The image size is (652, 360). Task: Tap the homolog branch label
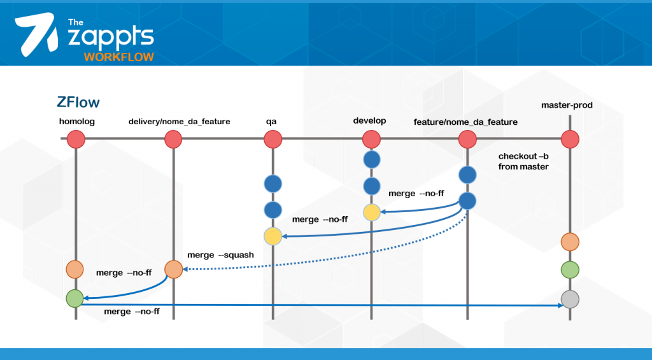[x=76, y=121]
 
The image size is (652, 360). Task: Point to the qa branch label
[x=272, y=121]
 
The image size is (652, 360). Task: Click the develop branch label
[x=370, y=121]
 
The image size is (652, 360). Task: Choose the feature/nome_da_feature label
[x=465, y=121]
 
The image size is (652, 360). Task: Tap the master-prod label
[x=567, y=105]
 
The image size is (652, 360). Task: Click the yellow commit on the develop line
[x=371, y=212]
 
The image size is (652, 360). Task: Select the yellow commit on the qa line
[x=273, y=236]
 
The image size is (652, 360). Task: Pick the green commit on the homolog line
[x=75, y=297]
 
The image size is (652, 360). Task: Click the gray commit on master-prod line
[x=570, y=298]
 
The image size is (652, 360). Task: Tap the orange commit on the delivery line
[x=174, y=269]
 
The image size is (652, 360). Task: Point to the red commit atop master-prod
[x=570, y=139]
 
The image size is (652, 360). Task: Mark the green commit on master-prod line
[x=570, y=270]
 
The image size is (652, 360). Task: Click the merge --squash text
[x=221, y=256]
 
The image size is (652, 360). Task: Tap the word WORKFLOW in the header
[x=118, y=57]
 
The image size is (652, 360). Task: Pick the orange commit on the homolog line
[x=75, y=269]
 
